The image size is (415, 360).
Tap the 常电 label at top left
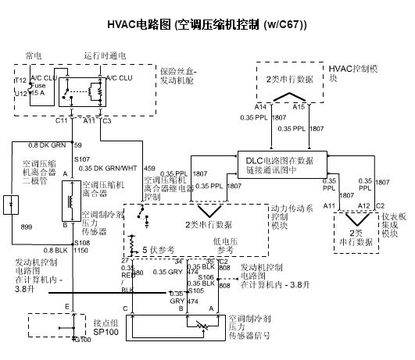pyautogui.click(x=34, y=55)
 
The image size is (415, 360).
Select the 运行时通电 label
pyautogui.click(x=105, y=55)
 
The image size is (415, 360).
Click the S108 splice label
pyautogui.click(x=82, y=243)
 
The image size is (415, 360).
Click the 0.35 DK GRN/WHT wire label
pyautogui.click(x=108, y=168)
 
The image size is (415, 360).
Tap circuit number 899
pyautogui.click(x=26, y=226)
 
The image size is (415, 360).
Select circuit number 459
pyautogui.click(x=149, y=168)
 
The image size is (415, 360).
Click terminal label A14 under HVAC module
pyautogui.click(x=259, y=105)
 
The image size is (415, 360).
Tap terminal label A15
pyautogui.click(x=299, y=105)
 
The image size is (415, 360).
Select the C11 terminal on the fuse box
pyautogui.click(x=62, y=122)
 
